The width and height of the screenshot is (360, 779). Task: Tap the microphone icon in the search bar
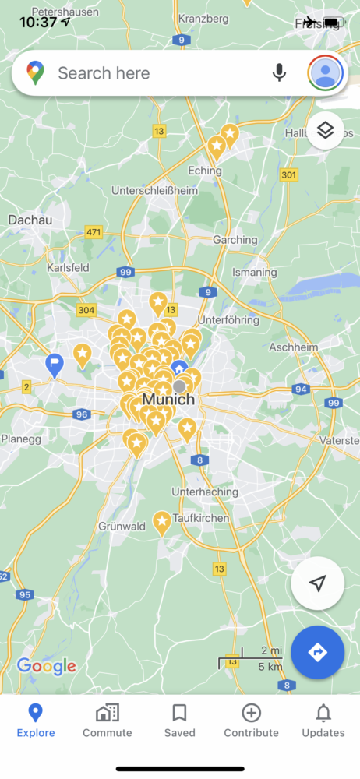click(x=279, y=72)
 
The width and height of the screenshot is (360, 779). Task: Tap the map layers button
click(x=326, y=131)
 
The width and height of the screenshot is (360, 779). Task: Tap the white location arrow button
click(x=317, y=583)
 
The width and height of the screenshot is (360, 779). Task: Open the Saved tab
click(x=179, y=721)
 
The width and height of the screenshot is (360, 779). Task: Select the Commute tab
click(x=108, y=721)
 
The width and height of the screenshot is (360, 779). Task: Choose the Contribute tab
click(x=251, y=721)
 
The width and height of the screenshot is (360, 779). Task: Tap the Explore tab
click(x=36, y=721)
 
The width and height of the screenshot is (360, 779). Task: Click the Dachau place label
click(x=30, y=220)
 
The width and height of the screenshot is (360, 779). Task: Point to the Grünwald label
click(x=122, y=527)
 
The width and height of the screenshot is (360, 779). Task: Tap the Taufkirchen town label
click(x=201, y=518)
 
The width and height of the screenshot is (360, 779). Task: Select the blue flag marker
click(x=55, y=364)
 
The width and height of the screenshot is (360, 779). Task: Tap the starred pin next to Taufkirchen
click(x=162, y=522)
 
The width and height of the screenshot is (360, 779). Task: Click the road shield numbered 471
click(x=94, y=232)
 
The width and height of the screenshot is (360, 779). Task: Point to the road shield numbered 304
click(x=86, y=310)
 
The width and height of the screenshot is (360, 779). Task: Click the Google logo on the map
click(x=47, y=666)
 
